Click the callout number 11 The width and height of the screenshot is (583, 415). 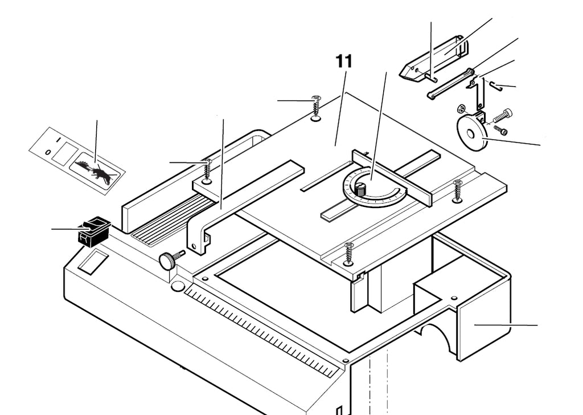(x=344, y=62)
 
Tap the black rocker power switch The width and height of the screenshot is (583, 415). (x=93, y=230)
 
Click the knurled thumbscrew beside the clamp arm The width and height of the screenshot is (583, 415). (x=171, y=259)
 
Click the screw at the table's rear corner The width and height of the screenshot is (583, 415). (x=316, y=108)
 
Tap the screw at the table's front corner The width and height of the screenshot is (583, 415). (x=348, y=254)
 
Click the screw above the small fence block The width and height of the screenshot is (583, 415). (x=207, y=171)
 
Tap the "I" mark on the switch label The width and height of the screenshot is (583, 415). (x=58, y=140)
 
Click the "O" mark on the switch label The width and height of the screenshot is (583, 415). (x=47, y=153)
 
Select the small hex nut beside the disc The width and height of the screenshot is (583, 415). (x=462, y=109)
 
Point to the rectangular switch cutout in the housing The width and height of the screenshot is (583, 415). (x=93, y=262)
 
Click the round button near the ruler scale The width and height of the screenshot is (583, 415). (x=178, y=286)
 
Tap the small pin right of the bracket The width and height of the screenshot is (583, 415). (x=496, y=86)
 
